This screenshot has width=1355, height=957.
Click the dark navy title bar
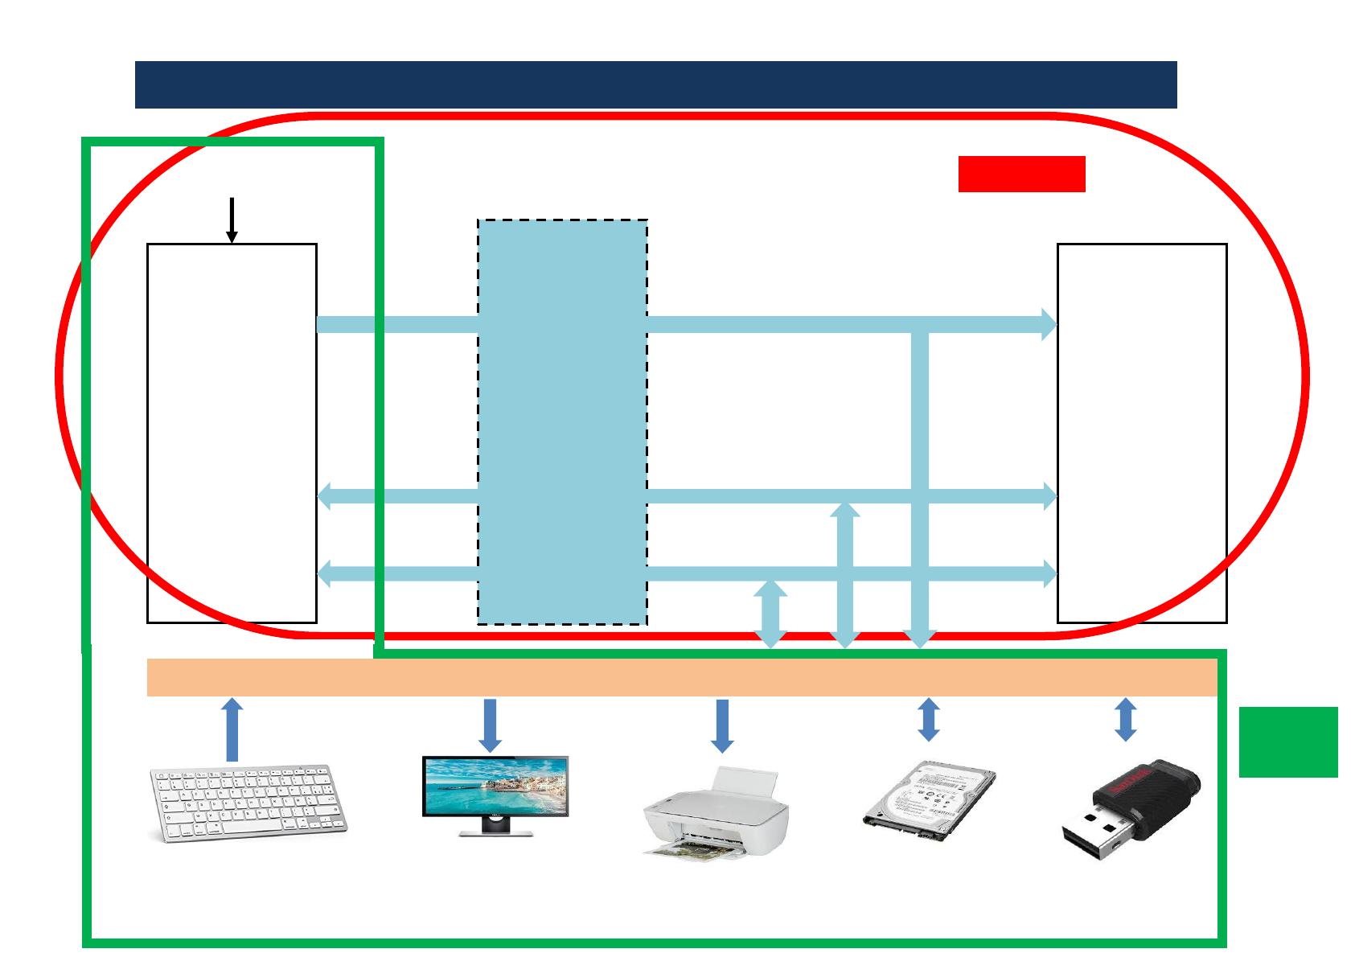(x=655, y=84)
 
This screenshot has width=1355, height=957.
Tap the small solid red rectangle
(x=1021, y=174)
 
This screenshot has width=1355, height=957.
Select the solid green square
(x=1287, y=741)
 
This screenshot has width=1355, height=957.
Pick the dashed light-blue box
(x=562, y=421)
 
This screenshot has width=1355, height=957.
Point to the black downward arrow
(x=232, y=220)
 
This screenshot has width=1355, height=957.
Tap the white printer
(x=716, y=812)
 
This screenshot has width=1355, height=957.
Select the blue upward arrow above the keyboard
(x=232, y=729)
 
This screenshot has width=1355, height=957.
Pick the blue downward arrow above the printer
(x=722, y=725)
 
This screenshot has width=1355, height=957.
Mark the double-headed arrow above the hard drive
(x=929, y=719)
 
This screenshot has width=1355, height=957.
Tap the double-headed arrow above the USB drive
(x=1126, y=719)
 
